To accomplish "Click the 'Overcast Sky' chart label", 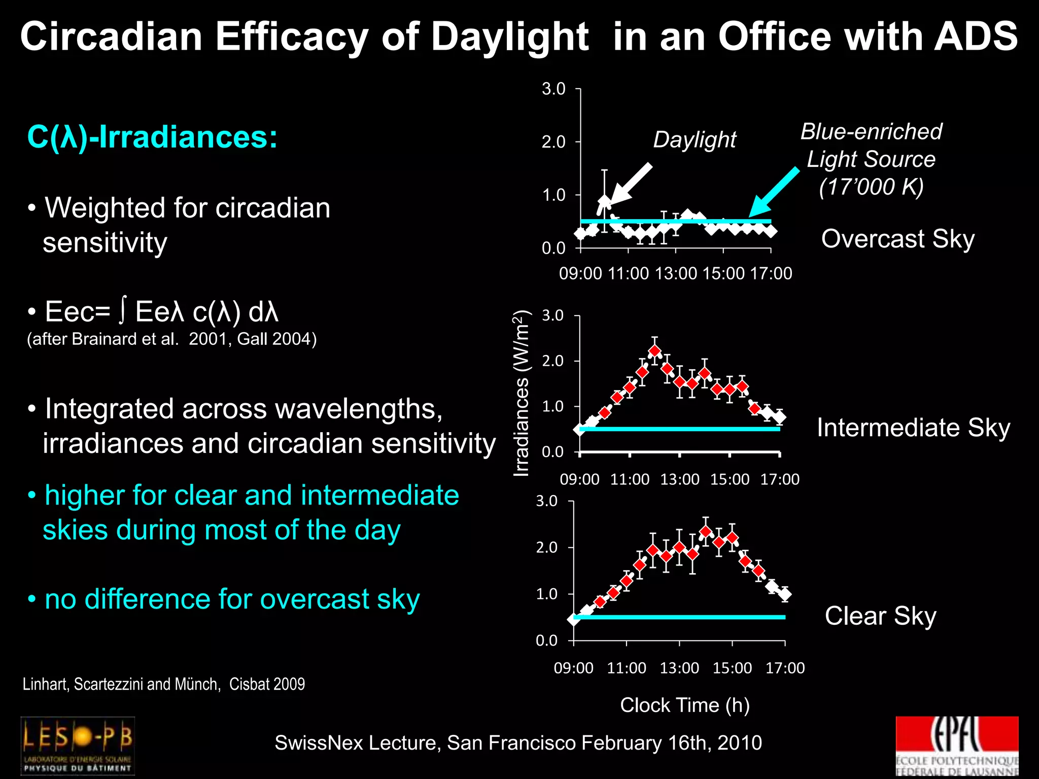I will [x=897, y=238].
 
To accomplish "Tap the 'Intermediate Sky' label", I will [x=913, y=428].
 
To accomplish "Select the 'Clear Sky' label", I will [x=880, y=616].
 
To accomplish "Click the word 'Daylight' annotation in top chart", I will [x=694, y=139].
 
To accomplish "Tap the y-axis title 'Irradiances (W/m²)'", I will [x=521, y=393].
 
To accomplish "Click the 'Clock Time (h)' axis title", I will [x=684, y=705].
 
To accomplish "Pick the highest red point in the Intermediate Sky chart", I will [x=655, y=351].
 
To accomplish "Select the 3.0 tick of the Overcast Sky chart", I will [x=553, y=89].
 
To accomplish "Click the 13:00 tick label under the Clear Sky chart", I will [x=679, y=668].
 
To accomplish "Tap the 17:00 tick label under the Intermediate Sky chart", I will [x=780, y=479].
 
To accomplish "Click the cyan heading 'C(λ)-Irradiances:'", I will [x=152, y=137].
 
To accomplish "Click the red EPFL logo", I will [x=957, y=746].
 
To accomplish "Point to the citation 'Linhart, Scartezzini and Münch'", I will [x=122, y=684].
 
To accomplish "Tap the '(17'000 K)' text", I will [x=871, y=187].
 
